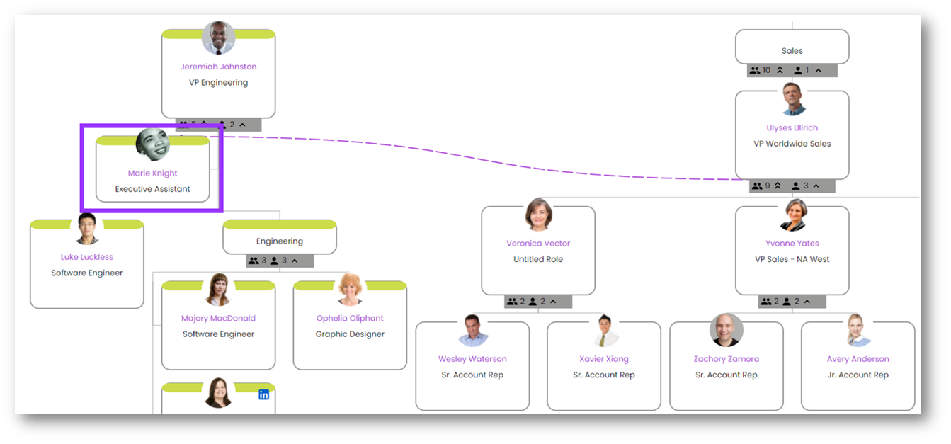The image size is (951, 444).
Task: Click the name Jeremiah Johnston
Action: (x=218, y=67)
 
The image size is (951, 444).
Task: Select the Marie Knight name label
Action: (x=152, y=173)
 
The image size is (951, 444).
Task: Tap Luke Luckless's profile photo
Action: (x=87, y=229)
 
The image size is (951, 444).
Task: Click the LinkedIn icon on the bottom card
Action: (x=263, y=394)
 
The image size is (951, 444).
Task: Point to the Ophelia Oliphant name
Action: (x=350, y=318)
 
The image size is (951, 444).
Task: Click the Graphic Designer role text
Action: (x=350, y=334)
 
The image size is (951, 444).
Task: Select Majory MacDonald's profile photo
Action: (x=218, y=290)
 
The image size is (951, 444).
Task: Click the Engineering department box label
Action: (x=280, y=241)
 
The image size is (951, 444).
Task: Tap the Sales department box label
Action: (x=792, y=51)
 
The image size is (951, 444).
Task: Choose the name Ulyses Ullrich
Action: (x=792, y=128)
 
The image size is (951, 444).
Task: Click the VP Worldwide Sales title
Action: (x=792, y=144)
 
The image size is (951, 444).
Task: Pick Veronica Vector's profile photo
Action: (x=538, y=215)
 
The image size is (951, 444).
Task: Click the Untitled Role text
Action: (x=538, y=259)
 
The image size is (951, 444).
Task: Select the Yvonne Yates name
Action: (x=792, y=244)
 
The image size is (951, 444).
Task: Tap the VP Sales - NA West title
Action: (x=792, y=259)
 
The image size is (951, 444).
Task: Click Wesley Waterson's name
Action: (x=472, y=359)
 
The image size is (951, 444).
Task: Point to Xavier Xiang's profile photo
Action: (x=604, y=331)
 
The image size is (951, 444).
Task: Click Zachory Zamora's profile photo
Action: (x=727, y=330)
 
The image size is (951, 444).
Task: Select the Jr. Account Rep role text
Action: (x=858, y=375)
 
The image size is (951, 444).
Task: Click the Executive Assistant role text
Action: (x=152, y=189)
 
